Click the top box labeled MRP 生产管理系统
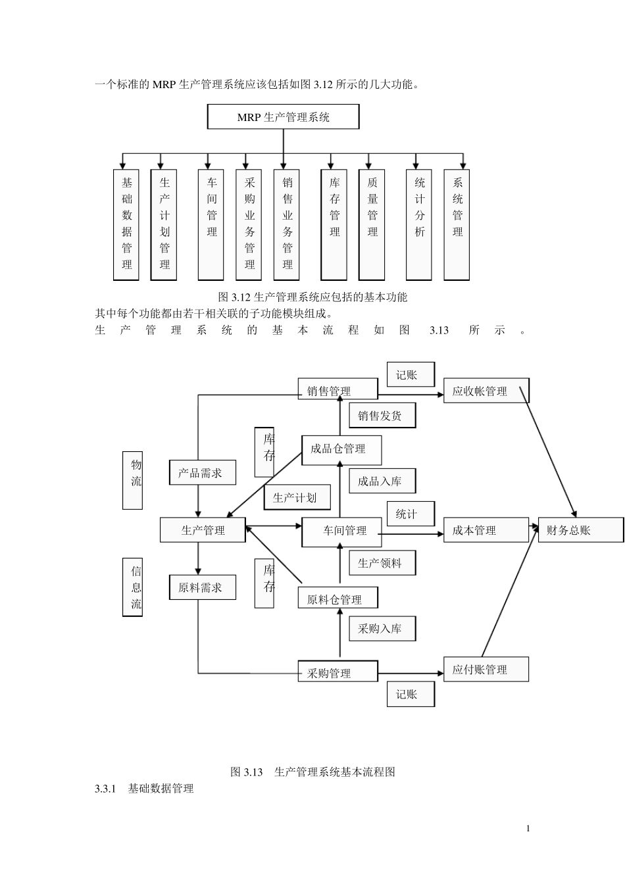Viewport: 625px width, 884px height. point(283,116)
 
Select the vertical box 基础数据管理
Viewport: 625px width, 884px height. point(126,225)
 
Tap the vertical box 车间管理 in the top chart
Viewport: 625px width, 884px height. point(211,225)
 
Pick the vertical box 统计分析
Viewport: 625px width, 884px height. point(419,225)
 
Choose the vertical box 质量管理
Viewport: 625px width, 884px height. point(372,225)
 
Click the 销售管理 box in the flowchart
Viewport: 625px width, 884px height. point(337,389)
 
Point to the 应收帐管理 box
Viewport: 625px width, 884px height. point(486,390)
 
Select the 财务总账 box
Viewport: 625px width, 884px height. point(581,529)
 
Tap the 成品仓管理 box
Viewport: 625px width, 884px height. point(341,451)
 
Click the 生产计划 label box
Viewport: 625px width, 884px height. point(297,497)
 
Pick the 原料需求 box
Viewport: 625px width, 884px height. point(203,587)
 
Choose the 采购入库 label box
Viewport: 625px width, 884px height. point(382,628)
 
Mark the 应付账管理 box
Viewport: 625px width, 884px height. point(486,669)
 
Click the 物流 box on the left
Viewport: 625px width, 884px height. point(133,480)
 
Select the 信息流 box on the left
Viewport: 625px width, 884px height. point(133,587)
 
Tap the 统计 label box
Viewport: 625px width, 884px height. point(411,514)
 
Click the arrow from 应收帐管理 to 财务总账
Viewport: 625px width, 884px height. point(548,453)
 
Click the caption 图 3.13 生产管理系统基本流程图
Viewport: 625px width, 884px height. point(312,772)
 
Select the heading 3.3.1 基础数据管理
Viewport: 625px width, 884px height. point(144,788)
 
